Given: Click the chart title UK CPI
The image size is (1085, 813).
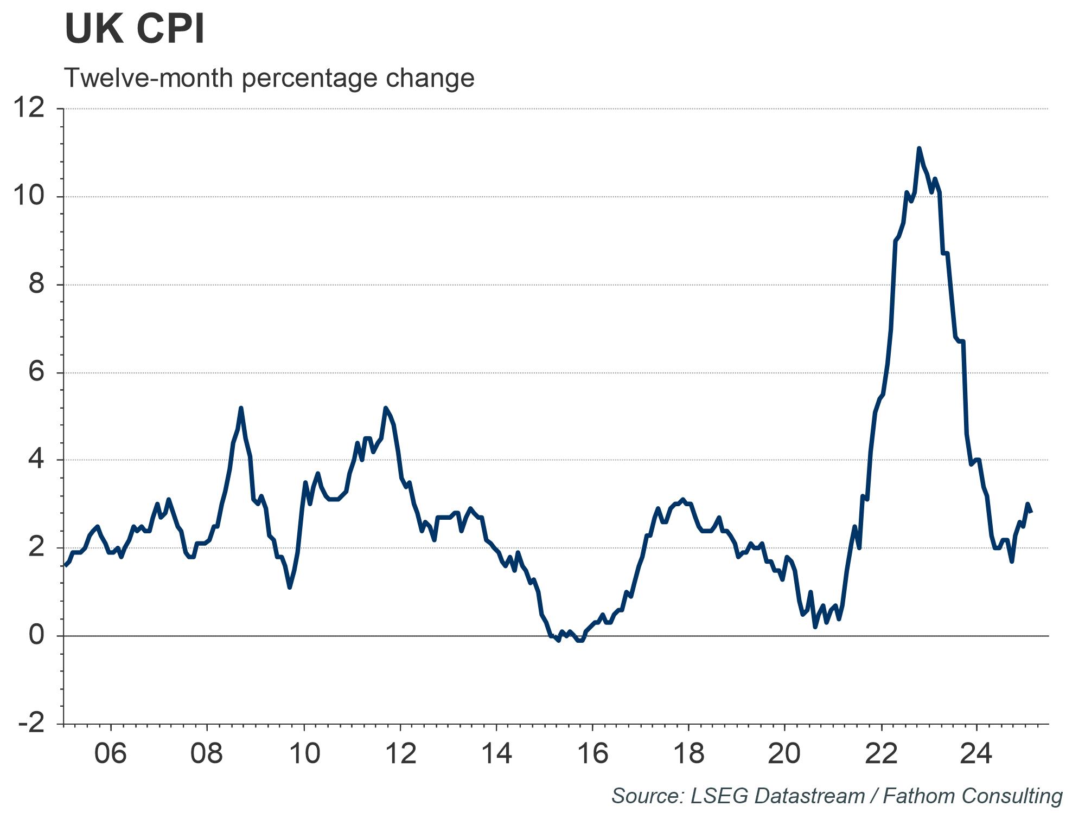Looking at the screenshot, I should (135, 30).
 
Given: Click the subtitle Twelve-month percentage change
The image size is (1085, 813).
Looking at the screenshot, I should (269, 78).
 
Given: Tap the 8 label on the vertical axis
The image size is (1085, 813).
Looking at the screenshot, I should (36, 284).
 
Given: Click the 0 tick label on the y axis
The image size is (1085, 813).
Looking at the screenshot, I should (36, 635).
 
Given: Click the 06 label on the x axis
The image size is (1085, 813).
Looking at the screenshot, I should (111, 753).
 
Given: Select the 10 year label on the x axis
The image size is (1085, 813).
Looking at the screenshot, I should (304, 753).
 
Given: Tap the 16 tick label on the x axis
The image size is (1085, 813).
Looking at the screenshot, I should (592, 753).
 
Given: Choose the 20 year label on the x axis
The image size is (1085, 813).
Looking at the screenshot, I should (784, 753).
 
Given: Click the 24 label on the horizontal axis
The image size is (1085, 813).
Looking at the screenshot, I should (976, 753).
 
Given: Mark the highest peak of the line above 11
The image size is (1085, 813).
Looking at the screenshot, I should (919, 148).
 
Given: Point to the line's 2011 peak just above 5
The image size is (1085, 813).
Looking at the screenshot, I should (385, 408).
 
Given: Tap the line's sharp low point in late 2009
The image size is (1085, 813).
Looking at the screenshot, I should (290, 587).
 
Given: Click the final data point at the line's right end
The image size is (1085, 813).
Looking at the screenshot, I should (1031, 512).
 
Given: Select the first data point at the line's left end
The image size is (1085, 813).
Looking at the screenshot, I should (65, 565).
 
